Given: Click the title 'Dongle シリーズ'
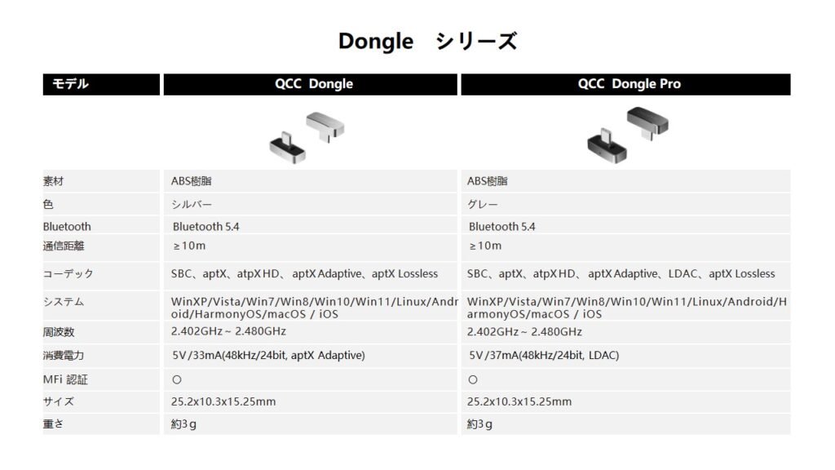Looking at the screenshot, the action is coord(427,41).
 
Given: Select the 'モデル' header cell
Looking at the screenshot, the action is coord(101,84).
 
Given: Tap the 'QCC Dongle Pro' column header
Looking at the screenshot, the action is coord(625,84).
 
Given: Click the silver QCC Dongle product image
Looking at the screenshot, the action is coord(307,137).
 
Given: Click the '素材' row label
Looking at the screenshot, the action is coord(53,181).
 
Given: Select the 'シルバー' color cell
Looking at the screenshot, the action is coord(191,204).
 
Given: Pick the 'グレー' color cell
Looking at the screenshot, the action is coord(482,204).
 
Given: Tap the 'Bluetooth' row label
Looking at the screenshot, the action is coord(67,227).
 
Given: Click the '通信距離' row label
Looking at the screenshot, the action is coord(64,246).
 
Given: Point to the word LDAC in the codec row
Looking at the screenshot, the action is coord(683,273).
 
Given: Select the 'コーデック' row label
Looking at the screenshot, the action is coord(68,274).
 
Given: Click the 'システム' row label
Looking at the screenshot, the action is coord(64,302).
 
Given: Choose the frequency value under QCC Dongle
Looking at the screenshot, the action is coord(228,331).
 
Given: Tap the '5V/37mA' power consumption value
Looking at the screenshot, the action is coord(544,355).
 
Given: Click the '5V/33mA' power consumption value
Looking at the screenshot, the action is coord(268,355).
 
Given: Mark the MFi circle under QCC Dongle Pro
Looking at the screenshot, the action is coord(473,380).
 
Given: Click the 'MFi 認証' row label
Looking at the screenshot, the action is coord(65,379).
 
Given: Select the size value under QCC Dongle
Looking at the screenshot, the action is coord(223,401).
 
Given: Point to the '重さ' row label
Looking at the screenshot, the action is coord(53,423).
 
